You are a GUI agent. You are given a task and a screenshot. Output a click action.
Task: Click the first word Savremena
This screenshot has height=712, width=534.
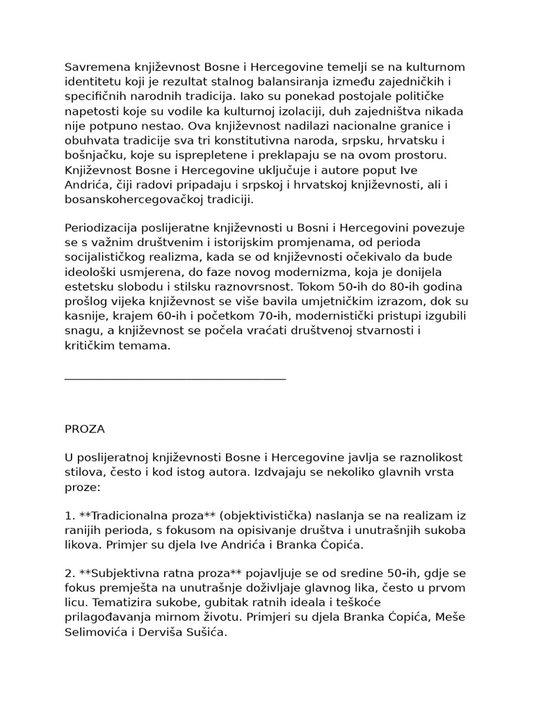click(x=93, y=67)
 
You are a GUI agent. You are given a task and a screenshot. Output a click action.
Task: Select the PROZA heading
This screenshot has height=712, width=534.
click(x=84, y=429)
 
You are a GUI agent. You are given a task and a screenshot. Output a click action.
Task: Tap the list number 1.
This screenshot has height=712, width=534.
click(x=68, y=516)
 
